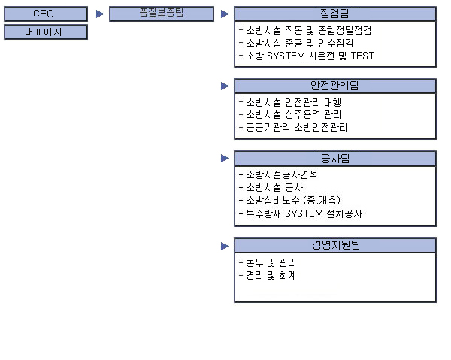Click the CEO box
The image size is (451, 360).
click(46, 14)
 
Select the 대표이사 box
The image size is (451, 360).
click(46, 32)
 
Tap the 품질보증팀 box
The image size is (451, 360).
click(162, 14)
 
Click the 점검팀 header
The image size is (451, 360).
click(335, 14)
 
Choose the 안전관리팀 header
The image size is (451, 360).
click(335, 86)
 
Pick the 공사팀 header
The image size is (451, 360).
click(335, 159)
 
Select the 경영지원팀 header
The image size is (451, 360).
click(335, 245)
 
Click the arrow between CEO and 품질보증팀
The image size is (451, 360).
click(100, 14)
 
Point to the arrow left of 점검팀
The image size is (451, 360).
click(225, 14)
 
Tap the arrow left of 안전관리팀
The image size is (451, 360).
click(225, 86)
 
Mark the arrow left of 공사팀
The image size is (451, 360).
click(225, 158)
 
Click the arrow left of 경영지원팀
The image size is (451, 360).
click(225, 246)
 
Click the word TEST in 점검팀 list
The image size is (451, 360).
click(363, 56)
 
